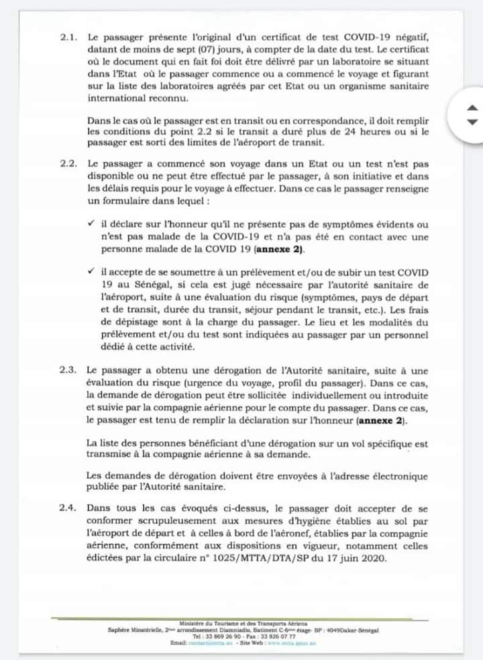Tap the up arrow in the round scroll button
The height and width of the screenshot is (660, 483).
click(472, 108)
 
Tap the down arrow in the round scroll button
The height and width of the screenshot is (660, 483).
click(472, 122)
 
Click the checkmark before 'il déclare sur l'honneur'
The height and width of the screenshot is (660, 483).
click(91, 224)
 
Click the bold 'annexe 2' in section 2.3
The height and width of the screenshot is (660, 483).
click(386, 420)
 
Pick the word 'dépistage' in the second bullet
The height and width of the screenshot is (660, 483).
click(121, 323)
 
